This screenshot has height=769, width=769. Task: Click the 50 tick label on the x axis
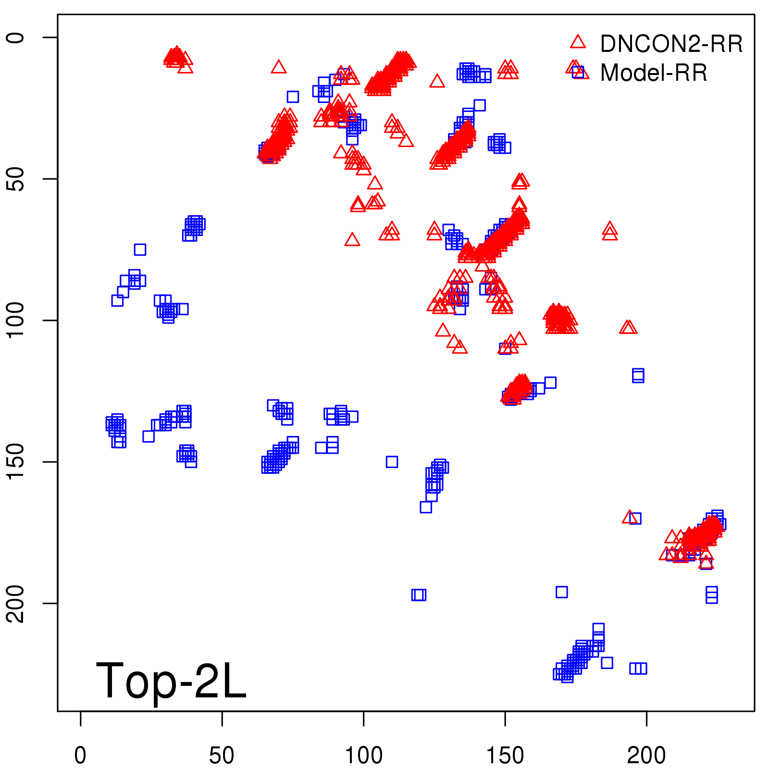222,756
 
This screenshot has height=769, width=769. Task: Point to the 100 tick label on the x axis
364,756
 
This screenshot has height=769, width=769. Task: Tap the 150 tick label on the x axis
505,756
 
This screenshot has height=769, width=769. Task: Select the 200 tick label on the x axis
646,756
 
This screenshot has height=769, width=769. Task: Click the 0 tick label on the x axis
80,756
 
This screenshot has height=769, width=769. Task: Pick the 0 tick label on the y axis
16,37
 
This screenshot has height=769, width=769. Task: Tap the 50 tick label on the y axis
16,179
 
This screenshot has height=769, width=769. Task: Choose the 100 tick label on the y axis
16,320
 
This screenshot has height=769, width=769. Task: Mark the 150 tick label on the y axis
16,461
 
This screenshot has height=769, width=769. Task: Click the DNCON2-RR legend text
671,44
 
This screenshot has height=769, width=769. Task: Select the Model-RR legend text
654,73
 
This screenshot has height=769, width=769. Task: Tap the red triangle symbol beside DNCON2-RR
578,42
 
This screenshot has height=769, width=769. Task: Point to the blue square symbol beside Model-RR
578,72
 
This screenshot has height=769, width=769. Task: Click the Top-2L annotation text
171,681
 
